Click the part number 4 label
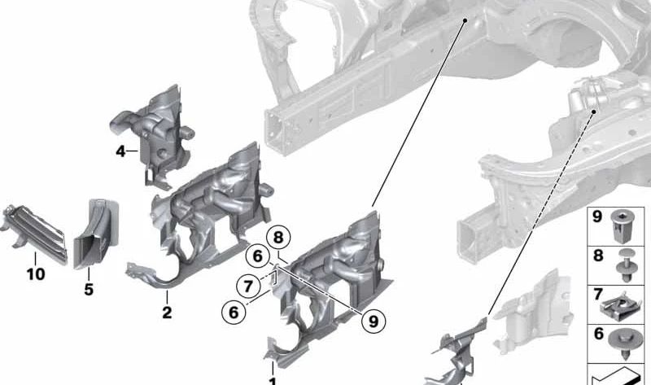[120, 151]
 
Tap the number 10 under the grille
[35, 275]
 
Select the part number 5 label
[89, 289]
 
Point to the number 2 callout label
[166, 312]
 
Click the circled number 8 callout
[279, 238]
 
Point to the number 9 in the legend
[596, 218]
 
